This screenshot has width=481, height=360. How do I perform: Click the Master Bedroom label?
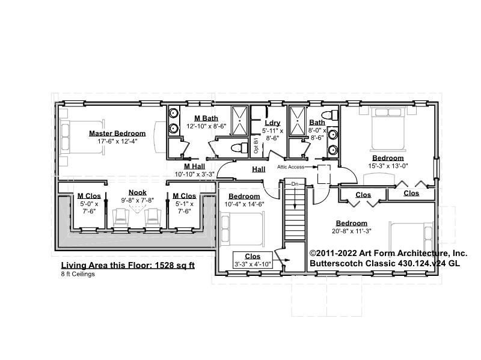(117, 133)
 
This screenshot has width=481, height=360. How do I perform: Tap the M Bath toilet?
(239, 148)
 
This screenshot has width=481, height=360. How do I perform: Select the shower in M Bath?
(239, 121)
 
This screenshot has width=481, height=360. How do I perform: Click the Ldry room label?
(272, 123)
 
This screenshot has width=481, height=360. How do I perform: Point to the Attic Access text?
(291, 167)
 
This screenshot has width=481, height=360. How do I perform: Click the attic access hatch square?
(323, 174)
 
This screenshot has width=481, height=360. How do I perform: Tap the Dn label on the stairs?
(295, 184)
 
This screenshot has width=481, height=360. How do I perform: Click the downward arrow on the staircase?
(295, 198)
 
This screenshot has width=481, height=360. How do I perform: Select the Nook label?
(138, 192)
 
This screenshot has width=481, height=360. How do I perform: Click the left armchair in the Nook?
(121, 217)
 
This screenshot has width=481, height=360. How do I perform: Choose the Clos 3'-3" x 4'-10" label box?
(253, 260)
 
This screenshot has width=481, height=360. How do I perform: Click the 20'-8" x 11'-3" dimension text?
(352, 231)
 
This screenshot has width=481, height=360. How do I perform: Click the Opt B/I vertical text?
(256, 145)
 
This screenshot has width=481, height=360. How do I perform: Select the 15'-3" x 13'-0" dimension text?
(388, 166)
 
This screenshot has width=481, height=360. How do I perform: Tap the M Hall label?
(194, 166)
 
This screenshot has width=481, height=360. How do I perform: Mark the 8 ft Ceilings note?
(78, 274)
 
